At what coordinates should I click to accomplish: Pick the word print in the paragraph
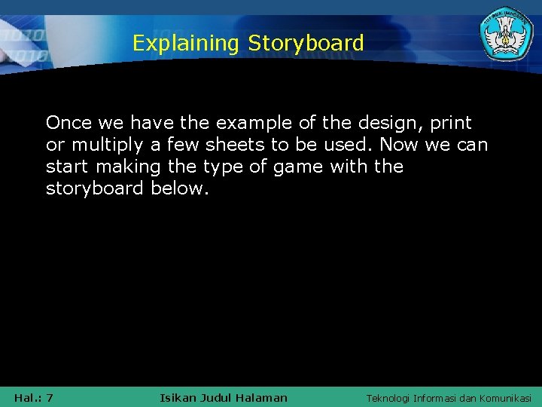[x=451, y=122]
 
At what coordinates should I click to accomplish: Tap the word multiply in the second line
[x=105, y=144]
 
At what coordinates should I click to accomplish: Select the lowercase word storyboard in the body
[x=95, y=188]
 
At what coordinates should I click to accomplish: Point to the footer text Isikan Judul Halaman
[x=224, y=397]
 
